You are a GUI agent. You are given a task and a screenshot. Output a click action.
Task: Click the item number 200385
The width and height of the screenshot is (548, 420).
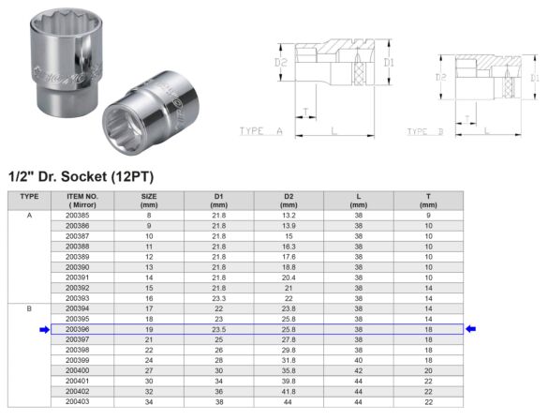coord(78,215)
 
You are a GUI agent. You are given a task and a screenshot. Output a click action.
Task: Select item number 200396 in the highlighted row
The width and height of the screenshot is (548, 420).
coord(78,329)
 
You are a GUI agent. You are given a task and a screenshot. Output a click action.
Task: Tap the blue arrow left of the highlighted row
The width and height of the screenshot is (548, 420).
coord(43,329)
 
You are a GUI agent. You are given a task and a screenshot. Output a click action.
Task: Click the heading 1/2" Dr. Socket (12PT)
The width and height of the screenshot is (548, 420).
coord(80,175)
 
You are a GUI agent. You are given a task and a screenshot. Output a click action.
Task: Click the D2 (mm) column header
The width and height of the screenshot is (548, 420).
coord(289,200)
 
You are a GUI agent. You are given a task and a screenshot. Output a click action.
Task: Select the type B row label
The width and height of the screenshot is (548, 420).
coord(29,307)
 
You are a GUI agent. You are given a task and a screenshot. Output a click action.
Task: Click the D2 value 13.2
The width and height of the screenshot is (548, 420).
coord(289,215)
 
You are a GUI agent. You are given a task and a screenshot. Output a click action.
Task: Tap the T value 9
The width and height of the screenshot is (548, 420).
coord(428,215)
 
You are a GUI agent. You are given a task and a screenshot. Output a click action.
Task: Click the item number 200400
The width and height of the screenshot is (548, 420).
coord(78,369)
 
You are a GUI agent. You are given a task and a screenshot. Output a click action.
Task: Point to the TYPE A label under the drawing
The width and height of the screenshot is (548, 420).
coord(261,132)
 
